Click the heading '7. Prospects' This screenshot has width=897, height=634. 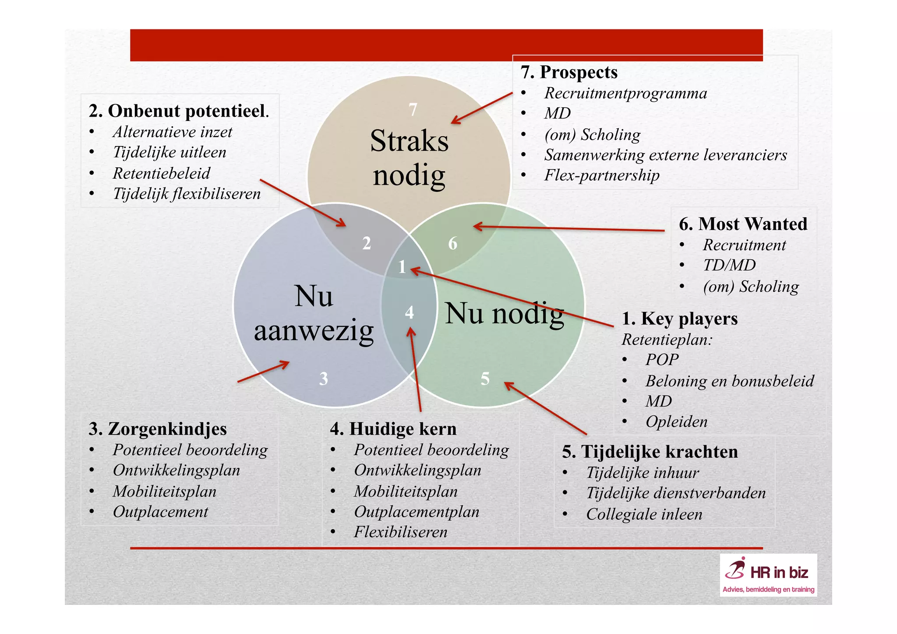pos(569,72)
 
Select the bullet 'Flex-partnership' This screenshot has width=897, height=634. pos(601,175)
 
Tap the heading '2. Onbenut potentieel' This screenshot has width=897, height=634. pos(178,111)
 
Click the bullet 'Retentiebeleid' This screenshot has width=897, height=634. pos(161,174)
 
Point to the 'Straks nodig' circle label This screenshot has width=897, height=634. pos(409,158)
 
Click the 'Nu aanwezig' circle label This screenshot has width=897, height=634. pos(314,313)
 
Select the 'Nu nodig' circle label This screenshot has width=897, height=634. pos(504,314)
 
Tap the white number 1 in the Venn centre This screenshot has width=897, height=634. pos(402,267)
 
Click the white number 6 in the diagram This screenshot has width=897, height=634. pos(452,244)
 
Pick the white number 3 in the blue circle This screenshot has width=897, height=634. pos(323,379)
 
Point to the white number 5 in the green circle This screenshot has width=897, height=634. pos(485,379)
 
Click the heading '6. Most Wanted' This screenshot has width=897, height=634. pos(743,224)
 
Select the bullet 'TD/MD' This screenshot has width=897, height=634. pos(729,266)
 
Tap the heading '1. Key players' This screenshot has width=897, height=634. pos(679,319)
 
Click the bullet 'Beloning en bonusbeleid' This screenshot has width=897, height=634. pos(729,381)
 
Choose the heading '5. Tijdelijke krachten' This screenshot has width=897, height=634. pos(650,452)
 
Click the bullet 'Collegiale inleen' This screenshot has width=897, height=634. pos(644,514)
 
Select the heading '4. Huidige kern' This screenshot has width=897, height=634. pos(393,429)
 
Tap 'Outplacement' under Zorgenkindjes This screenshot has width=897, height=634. pos(160,512)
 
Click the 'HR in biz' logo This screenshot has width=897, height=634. pos(768,575)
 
